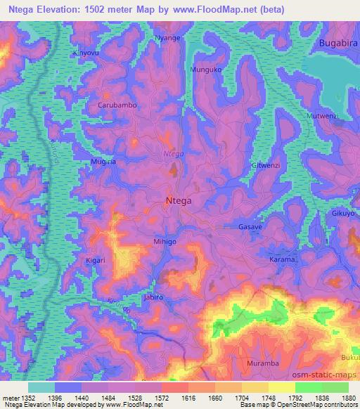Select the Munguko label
[x=207, y=70]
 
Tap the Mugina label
[x=103, y=162]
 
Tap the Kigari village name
[x=95, y=260]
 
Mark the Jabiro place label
[x=153, y=297]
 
